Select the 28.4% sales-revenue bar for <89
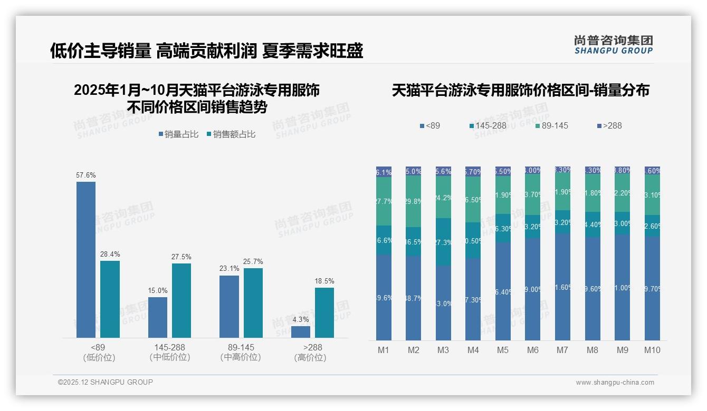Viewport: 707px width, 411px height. [x=110, y=299]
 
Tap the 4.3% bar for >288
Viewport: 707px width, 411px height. [x=301, y=332]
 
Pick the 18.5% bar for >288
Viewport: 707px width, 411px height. [x=324, y=312]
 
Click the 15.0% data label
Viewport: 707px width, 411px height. [x=158, y=290]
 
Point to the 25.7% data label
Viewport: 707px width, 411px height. [x=253, y=261]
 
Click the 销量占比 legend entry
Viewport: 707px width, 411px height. [x=178, y=134]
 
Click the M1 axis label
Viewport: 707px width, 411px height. [x=384, y=350]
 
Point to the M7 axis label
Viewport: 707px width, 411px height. [x=562, y=350]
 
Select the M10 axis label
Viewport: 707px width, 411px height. [x=652, y=350]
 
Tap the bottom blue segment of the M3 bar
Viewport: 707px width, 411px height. [x=443, y=303]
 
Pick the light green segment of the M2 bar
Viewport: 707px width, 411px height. [x=414, y=201]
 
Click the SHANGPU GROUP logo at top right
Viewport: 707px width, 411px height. [x=613, y=45]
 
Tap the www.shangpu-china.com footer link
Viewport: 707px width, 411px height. [x=615, y=383]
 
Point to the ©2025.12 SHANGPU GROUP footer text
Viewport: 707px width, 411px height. [x=106, y=382]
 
